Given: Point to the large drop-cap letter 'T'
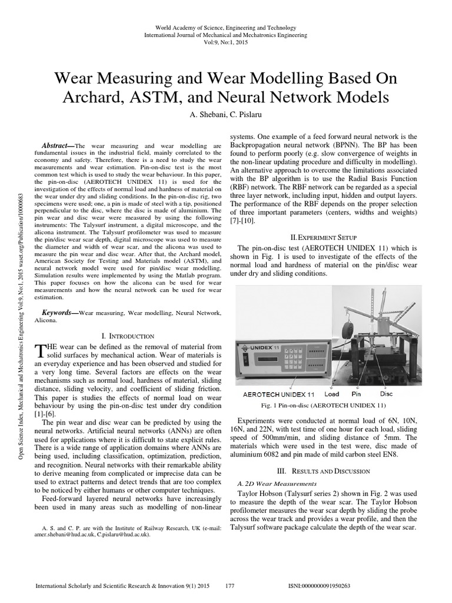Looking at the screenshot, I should pyautogui.click(x=39, y=351).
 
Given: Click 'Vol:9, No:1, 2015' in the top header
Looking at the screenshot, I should pyautogui.click(x=226, y=43).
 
